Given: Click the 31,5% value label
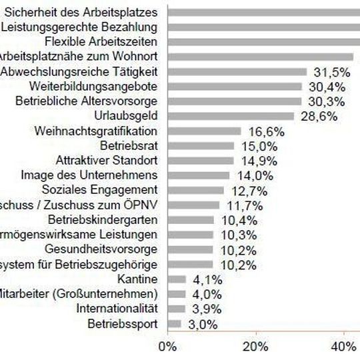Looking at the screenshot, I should (328, 72).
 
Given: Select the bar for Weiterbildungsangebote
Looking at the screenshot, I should (237, 87).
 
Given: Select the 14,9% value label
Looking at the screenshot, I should (255, 161).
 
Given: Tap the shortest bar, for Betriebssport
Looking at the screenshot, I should (174, 323).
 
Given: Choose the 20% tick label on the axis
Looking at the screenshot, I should (255, 346).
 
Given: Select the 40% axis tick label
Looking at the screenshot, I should (343, 346).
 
